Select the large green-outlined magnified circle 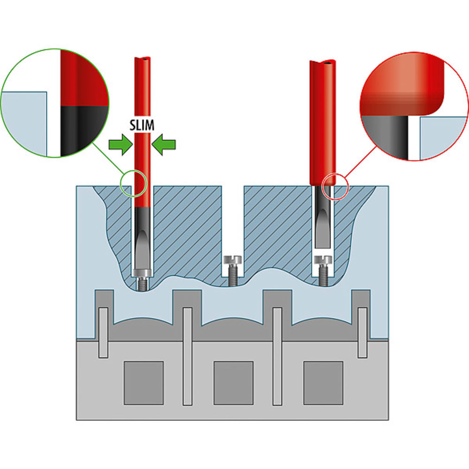pyautogui.click(x=55, y=102)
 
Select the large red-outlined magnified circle pyautogui.click(x=414, y=107)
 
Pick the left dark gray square pyautogui.click(x=144, y=383)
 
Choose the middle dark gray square pyautogui.click(x=234, y=383)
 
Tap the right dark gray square pyautogui.click(x=323, y=383)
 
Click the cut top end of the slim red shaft pyautogui.click(x=143, y=61)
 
